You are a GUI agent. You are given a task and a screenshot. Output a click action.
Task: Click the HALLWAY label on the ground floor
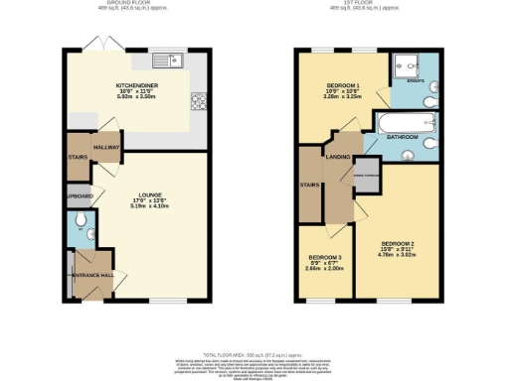pyautogui.click(x=106, y=147)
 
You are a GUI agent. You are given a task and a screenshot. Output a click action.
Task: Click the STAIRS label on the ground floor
pyautogui.click(x=77, y=157)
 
